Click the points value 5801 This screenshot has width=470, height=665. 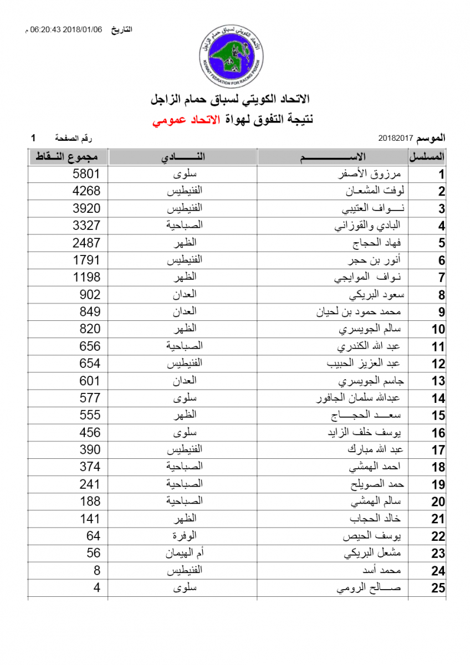point(86,174)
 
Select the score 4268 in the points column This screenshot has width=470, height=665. point(86,191)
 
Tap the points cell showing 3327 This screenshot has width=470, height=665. point(86,226)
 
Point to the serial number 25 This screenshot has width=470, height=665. point(438,588)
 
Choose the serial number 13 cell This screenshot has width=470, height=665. point(438,381)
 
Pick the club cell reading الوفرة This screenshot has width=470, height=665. point(185,536)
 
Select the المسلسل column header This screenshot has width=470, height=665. point(427,157)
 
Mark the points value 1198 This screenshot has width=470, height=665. point(86,277)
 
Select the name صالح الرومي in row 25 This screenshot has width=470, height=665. point(368,588)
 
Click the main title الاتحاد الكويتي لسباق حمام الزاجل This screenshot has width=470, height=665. point(231,100)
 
